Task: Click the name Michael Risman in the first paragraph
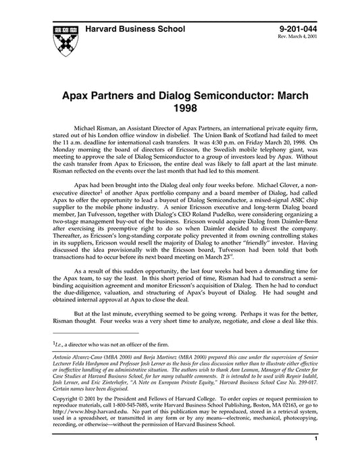click(x=99, y=127)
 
